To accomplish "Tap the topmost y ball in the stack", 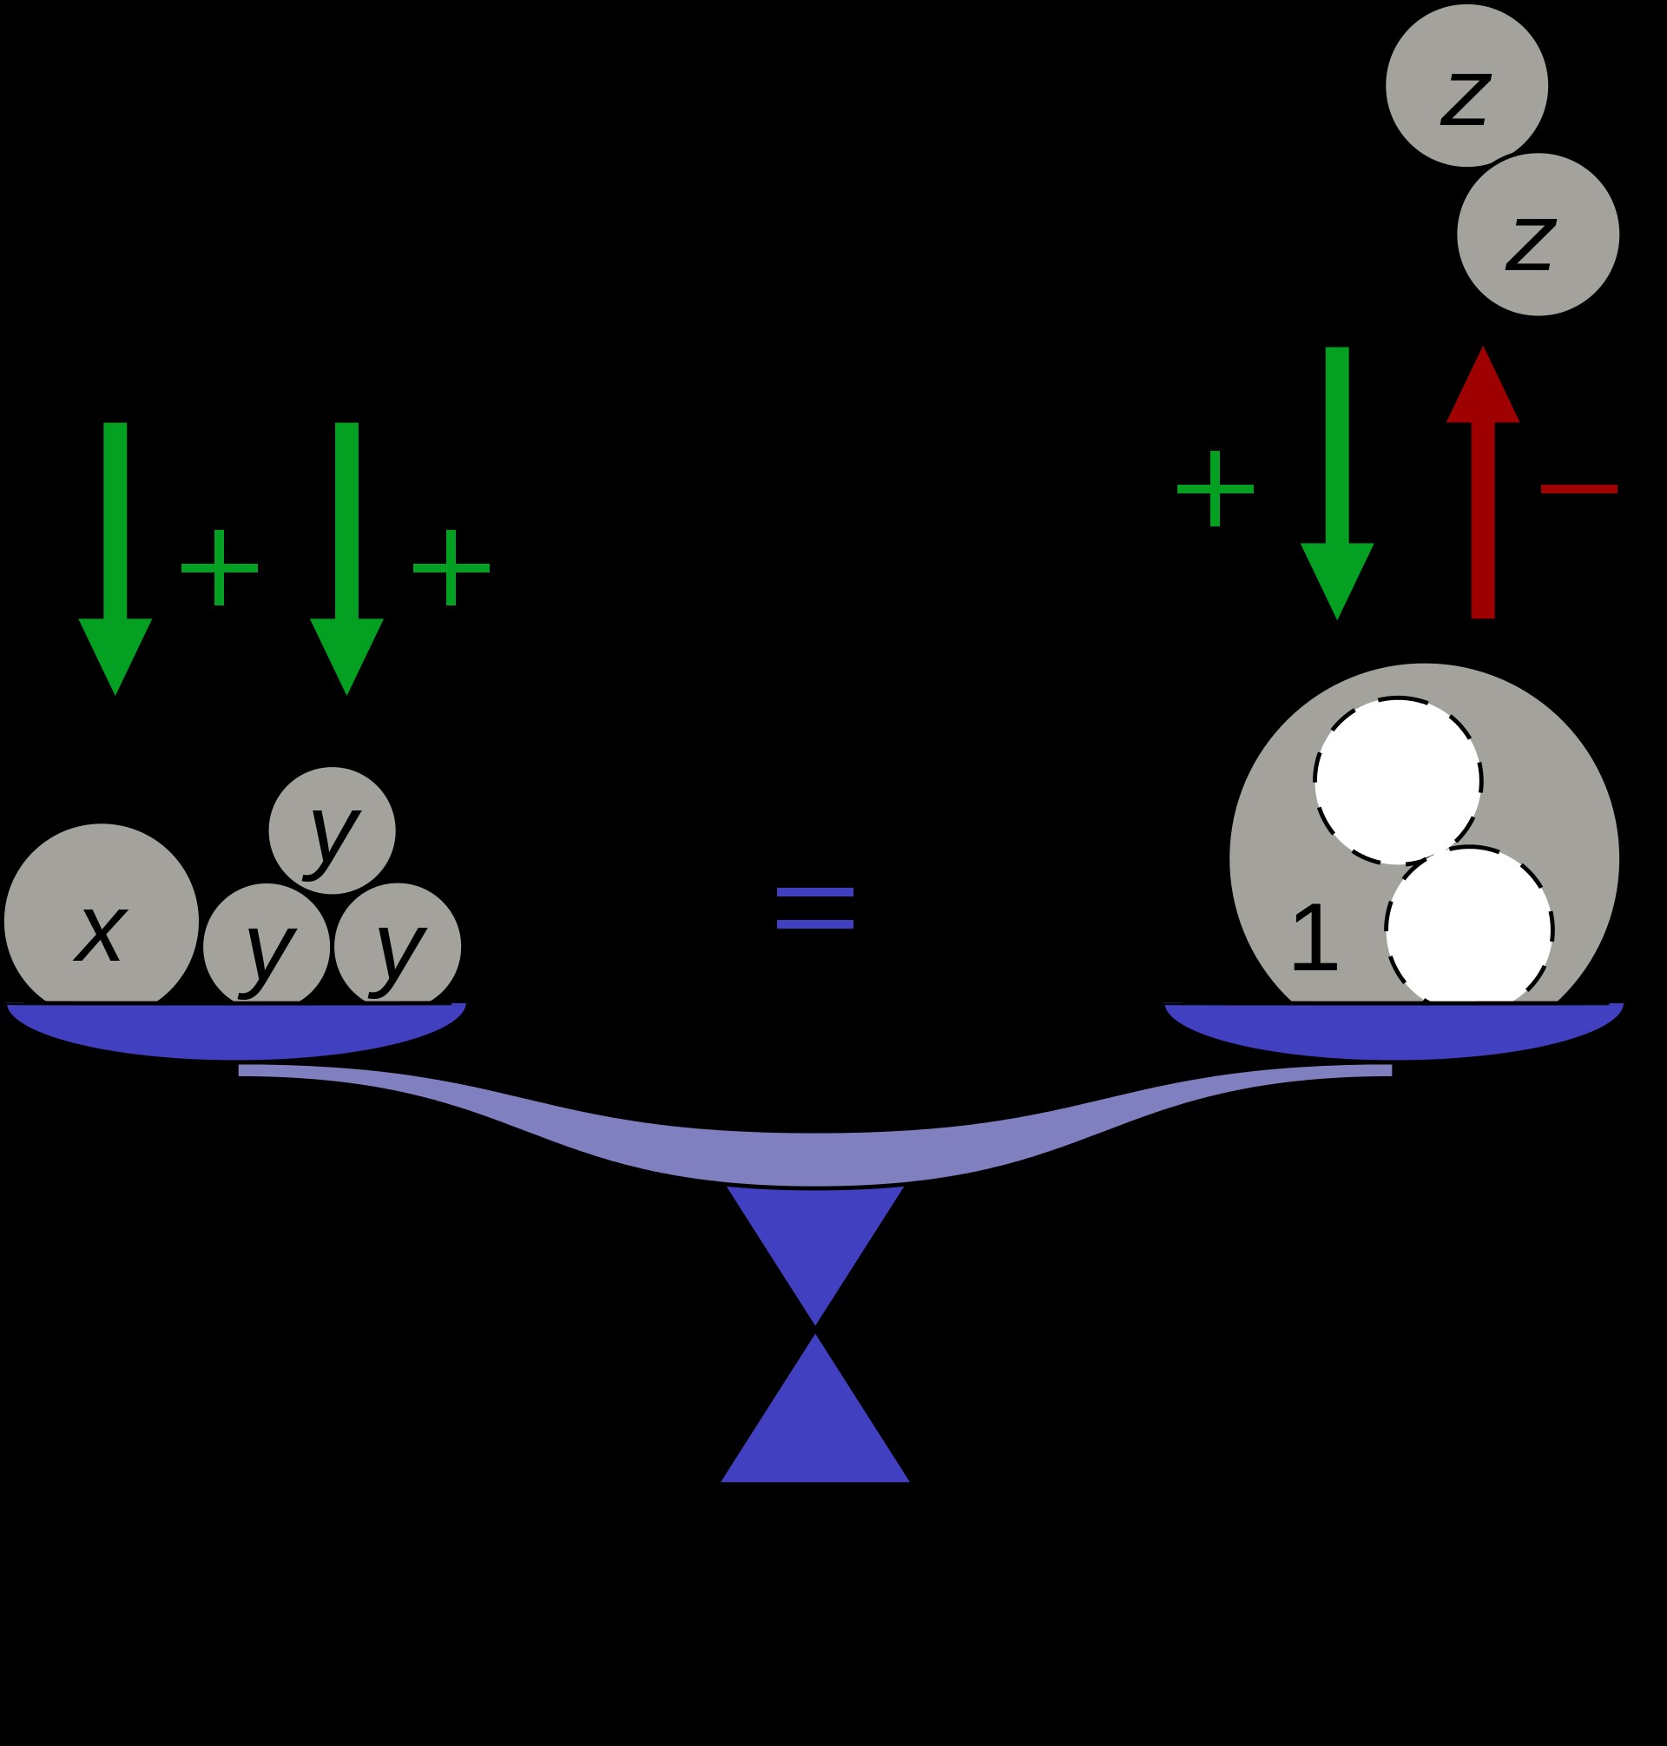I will [x=332, y=830].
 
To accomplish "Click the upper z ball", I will [x=1466, y=85].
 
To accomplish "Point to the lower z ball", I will [x=1538, y=235].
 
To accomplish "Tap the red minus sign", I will [x=1578, y=489].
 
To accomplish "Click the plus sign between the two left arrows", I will [x=220, y=568].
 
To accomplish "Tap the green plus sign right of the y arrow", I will [x=451, y=568].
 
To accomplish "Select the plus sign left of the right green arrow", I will [x=1215, y=489].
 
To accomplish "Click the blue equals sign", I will [x=815, y=909].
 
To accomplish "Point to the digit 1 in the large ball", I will [x=1314, y=938].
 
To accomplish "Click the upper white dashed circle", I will [x=1397, y=781].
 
